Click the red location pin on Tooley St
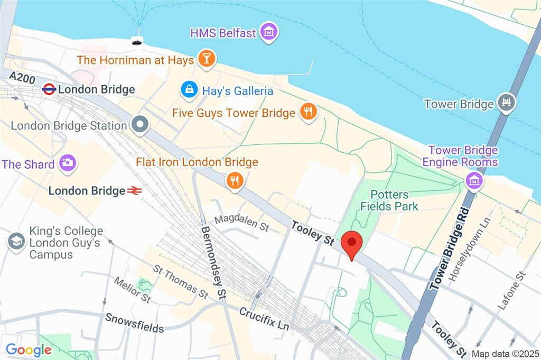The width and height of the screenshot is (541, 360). point(351,244)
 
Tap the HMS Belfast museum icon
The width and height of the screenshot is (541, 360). point(269,33)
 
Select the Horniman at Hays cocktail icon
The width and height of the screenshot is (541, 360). point(207,59)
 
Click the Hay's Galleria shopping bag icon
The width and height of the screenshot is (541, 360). point(188,90)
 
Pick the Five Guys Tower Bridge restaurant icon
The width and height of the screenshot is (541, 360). point(308,112)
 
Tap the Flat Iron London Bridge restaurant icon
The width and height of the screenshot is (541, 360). point(234,181)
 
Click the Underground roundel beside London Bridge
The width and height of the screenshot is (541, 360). point(49,89)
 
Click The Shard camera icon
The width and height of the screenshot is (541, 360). point(68,163)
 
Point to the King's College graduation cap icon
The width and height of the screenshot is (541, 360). point(16,242)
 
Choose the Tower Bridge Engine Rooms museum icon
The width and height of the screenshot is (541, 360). point(474,180)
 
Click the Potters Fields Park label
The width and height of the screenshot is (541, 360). point(389,200)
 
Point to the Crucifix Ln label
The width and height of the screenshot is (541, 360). point(264,319)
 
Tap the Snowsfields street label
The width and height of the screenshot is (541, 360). point(134,323)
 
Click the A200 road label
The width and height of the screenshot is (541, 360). point(22,79)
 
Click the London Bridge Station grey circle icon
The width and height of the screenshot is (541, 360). point(141,125)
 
